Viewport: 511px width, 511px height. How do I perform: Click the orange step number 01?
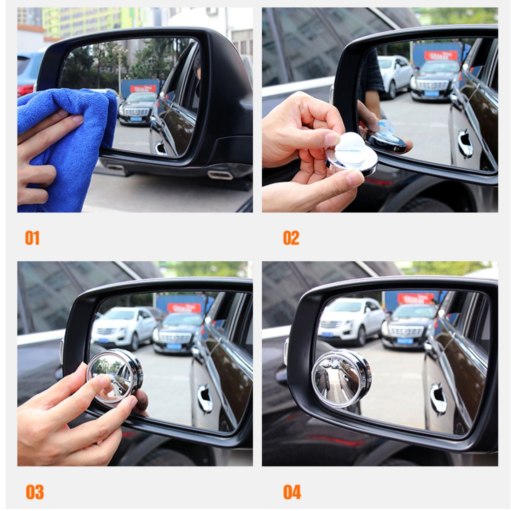pyautogui.click(x=32, y=238)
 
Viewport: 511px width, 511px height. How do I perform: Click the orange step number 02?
pyautogui.click(x=291, y=238)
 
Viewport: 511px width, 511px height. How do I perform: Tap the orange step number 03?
pyautogui.click(x=35, y=492)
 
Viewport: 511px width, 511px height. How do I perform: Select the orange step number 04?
pyautogui.click(x=292, y=492)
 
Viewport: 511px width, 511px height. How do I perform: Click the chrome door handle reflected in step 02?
pyautogui.click(x=465, y=143)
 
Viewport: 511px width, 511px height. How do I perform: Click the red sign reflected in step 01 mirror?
pyautogui.click(x=143, y=88)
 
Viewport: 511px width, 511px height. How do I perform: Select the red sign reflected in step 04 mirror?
pyautogui.click(x=416, y=298)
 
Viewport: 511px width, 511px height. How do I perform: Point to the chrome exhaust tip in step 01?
pyautogui.click(x=220, y=175)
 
